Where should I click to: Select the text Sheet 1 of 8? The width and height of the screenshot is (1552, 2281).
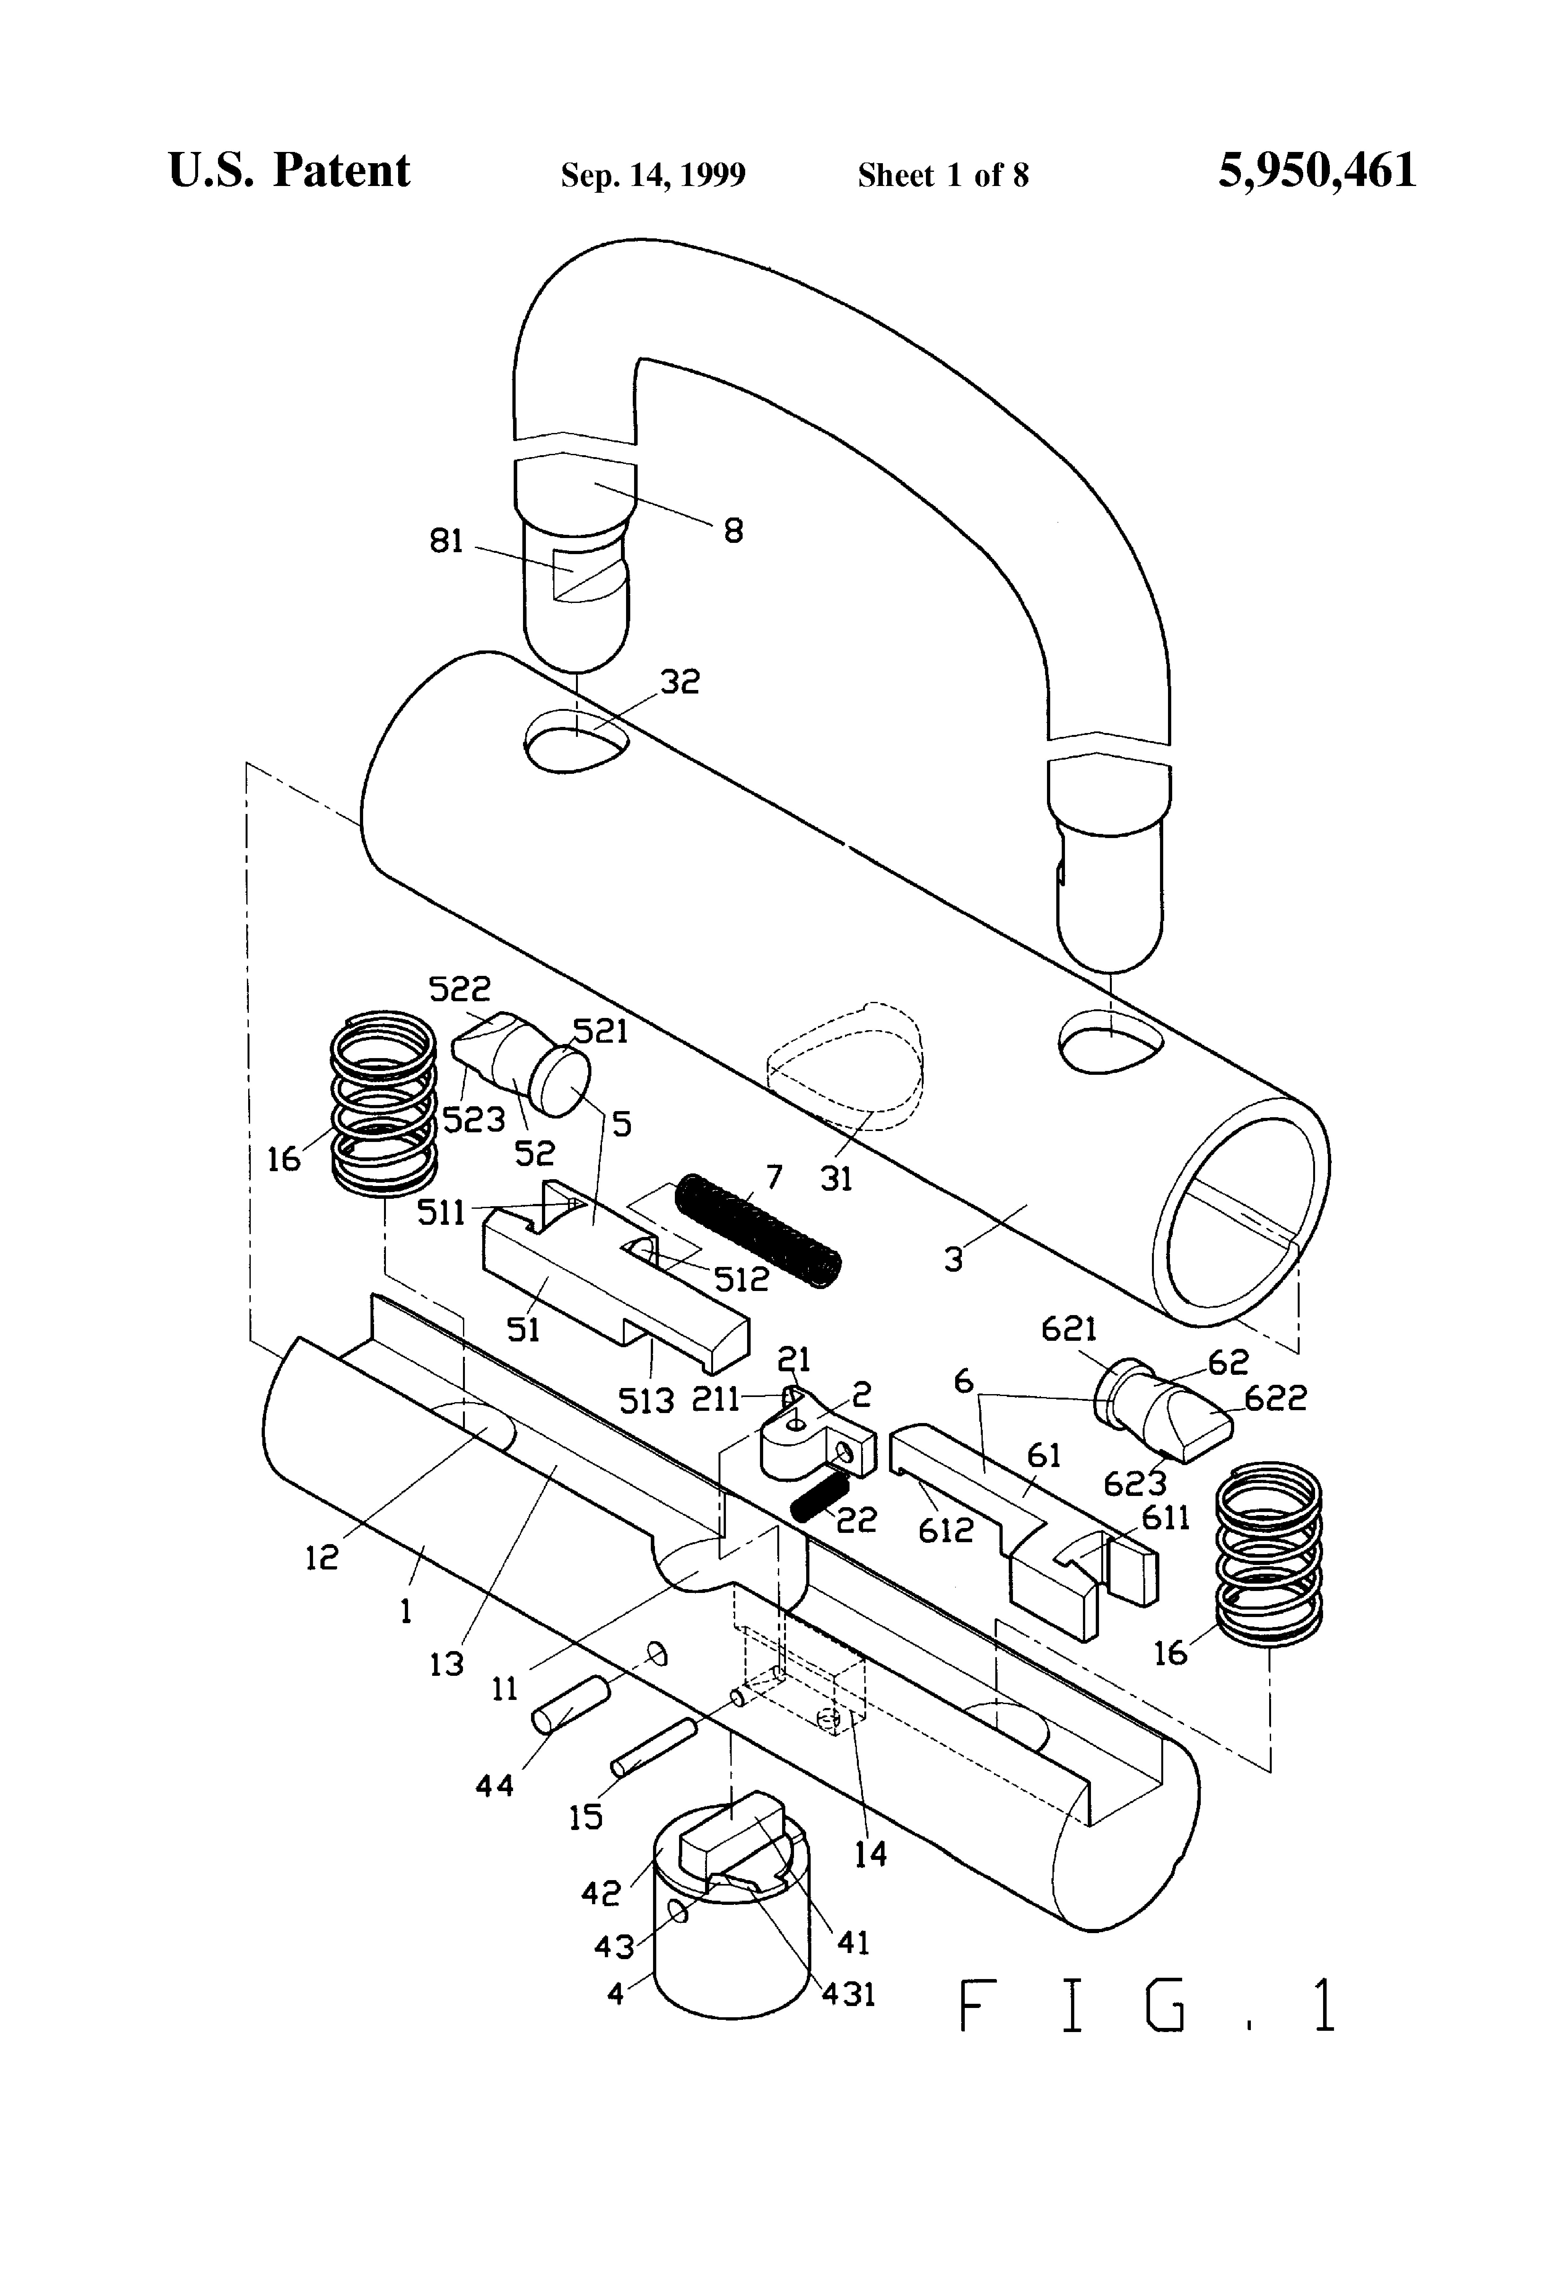click(943, 175)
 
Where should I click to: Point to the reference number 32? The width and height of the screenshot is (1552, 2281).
click(679, 681)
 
